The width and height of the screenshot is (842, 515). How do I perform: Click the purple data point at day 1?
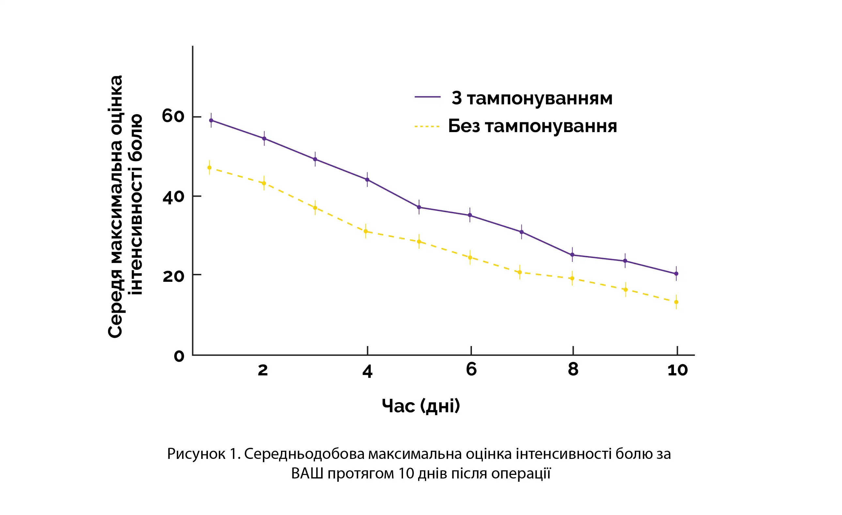pyautogui.click(x=211, y=121)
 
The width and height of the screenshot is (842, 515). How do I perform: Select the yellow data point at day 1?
pyautogui.click(x=210, y=168)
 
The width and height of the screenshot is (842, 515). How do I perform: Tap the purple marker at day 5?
pyautogui.click(x=419, y=207)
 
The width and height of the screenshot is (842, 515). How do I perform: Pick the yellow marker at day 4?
pyautogui.click(x=366, y=231)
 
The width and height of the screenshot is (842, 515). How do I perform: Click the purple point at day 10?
pyautogui.click(x=676, y=274)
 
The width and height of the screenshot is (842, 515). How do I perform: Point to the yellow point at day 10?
pyautogui.click(x=676, y=302)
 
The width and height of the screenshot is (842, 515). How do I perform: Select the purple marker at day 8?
pyautogui.click(x=572, y=255)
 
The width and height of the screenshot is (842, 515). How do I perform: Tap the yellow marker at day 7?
pyautogui.click(x=520, y=272)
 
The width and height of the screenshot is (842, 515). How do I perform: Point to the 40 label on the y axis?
pyautogui.click(x=173, y=197)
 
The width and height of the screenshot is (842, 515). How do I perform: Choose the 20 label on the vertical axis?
pyautogui.click(x=173, y=276)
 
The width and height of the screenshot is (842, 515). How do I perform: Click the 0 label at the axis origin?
pyautogui.click(x=179, y=356)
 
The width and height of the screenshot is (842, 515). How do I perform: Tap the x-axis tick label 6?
pyautogui.click(x=471, y=369)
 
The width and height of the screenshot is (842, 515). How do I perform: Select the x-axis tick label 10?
pyautogui.click(x=677, y=370)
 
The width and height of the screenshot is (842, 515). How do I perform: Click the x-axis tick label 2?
pyautogui.click(x=262, y=370)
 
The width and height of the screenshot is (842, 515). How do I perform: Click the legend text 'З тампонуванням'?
pyautogui.click(x=532, y=98)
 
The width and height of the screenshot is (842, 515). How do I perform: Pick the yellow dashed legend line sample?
pyautogui.click(x=427, y=127)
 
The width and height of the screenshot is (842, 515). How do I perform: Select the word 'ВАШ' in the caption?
pyautogui.click(x=307, y=474)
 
